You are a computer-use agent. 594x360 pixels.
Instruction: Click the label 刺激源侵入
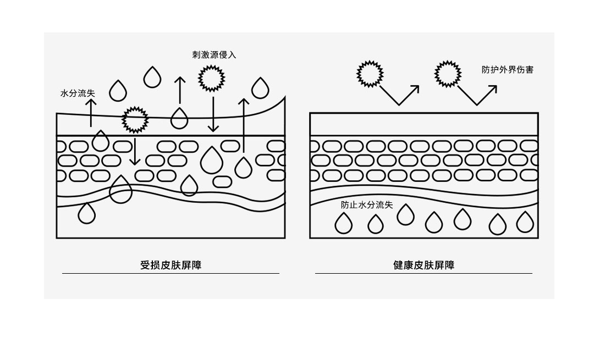point(214,55)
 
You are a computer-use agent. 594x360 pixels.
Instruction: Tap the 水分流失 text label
point(78,93)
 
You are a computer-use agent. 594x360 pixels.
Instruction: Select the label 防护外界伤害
point(508,70)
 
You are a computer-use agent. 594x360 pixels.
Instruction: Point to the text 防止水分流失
point(367,205)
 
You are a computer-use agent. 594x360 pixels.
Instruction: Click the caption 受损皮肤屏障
point(171,265)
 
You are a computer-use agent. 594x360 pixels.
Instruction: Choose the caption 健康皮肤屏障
point(424,265)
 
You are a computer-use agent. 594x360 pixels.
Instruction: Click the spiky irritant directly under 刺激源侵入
point(211,79)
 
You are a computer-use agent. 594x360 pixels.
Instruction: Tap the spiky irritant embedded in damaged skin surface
point(135,120)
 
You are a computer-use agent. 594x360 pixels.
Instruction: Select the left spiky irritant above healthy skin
point(370,74)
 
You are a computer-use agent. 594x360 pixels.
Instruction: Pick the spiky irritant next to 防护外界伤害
point(448,74)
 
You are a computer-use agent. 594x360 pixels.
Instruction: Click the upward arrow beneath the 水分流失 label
point(91,113)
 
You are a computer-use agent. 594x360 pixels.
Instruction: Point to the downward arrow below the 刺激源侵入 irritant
point(213,114)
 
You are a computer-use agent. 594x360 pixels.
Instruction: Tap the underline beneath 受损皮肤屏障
point(170,273)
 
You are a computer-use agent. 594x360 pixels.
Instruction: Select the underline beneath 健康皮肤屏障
point(424,273)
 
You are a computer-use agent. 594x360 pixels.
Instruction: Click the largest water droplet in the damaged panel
point(212,160)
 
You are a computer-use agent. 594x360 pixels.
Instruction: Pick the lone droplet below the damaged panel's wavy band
point(87,213)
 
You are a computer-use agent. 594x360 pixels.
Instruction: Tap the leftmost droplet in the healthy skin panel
point(344,223)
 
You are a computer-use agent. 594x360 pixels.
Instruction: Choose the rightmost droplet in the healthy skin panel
point(525,222)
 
